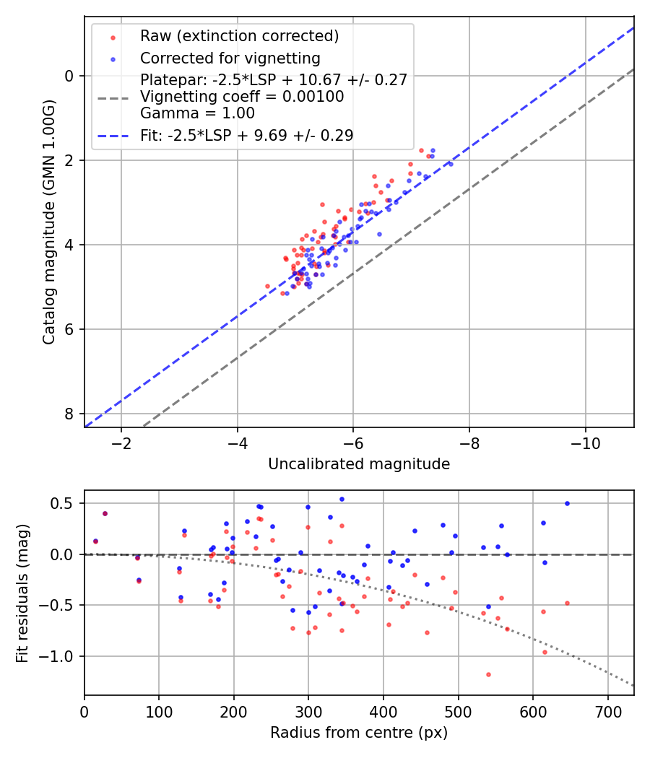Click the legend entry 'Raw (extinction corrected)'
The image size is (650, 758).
239,36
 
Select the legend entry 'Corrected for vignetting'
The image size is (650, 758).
230,58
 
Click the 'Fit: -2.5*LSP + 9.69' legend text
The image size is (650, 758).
246,135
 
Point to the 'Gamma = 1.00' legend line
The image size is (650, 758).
197,113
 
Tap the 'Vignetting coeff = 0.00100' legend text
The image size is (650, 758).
242,97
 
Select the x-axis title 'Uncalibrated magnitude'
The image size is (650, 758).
359,464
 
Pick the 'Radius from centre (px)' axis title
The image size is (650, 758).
359,733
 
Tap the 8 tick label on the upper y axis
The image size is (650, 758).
69,414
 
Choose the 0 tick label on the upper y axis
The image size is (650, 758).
69,76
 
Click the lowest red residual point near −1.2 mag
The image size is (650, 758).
488,674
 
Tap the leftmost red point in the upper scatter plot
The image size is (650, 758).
267,286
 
